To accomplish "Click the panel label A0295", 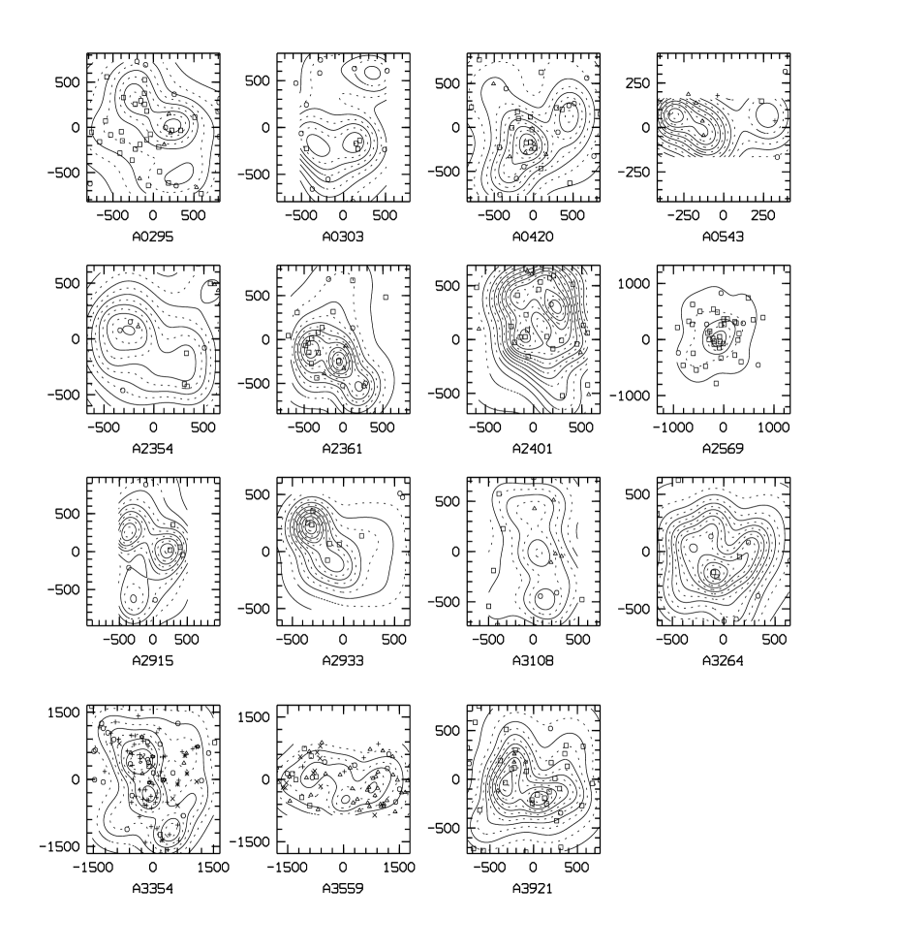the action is [x=153, y=236].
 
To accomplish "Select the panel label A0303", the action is [x=343, y=236].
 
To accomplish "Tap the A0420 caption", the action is [x=533, y=236].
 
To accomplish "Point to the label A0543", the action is [x=723, y=236].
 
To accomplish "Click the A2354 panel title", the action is [x=153, y=448].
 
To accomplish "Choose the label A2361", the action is [x=343, y=448].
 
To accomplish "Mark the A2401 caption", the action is [x=533, y=448].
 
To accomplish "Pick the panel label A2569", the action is [x=723, y=448].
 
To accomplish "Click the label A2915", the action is [x=153, y=660].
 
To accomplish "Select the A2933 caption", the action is [x=343, y=660].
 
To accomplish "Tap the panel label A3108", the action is [x=533, y=660].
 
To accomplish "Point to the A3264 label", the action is [x=723, y=660].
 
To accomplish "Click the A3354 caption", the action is [x=153, y=889].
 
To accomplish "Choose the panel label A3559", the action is [x=343, y=889].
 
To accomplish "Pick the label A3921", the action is [x=533, y=889].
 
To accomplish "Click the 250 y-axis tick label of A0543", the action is [x=637, y=83].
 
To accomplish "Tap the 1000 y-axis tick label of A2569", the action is [x=634, y=283].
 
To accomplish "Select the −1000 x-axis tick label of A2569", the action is [x=672, y=428].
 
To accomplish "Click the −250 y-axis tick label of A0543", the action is [x=634, y=173].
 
